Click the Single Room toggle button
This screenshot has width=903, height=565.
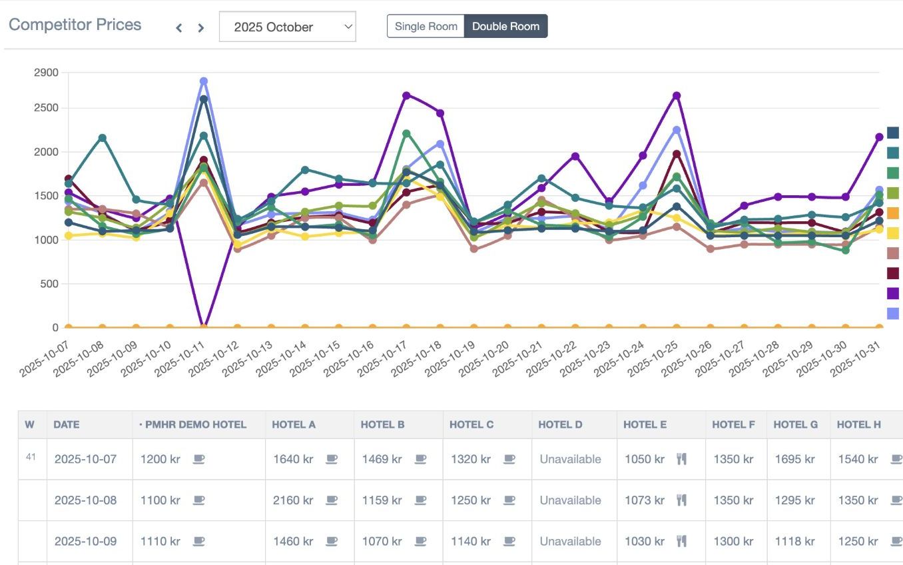pyautogui.click(x=426, y=27)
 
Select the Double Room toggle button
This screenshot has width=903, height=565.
pyautogui.click(x=506, y=27)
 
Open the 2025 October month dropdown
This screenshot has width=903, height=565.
pyautogui.click(x=287, y=27)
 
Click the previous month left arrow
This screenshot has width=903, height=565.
pyautogui.click(x=178, y=27)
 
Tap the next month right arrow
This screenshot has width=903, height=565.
pyautogui.click(x=200, y=27)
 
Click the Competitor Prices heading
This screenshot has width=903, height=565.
pyautogui.click(x=75, y=25)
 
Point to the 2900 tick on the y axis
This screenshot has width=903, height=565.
pyautogui.click(x=46, y=72)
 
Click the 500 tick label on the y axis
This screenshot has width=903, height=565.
pyautogui.click(x=49, y=284)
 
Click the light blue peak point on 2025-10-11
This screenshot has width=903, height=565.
pyautogui.click(x=204, y=81)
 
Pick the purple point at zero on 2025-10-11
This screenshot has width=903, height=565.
pyautogui.click(x=204, y=326)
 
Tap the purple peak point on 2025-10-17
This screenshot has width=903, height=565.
pyautogui.click(x=406, y=95)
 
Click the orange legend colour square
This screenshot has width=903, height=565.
pyautogui.click(x=893, y=213)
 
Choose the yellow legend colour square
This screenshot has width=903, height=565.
pyautogui.click(x=893, y=233)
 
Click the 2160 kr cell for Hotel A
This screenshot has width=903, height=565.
pyautogui.click(x=293, y=500)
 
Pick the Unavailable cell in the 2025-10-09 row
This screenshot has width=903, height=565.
pyautogui.click(x=570, y=542)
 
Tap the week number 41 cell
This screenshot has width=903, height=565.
pyautogui.click(x=31, y=457)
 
